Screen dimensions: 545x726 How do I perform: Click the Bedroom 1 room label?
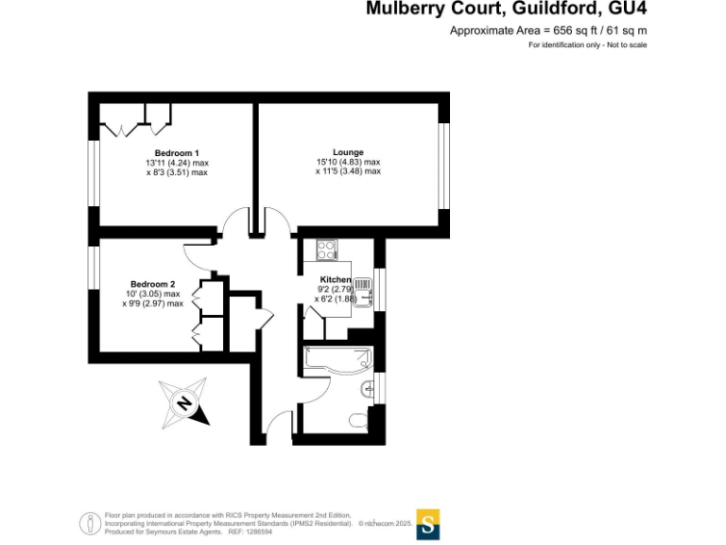point(177,153)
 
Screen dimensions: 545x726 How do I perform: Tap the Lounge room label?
point(348,152)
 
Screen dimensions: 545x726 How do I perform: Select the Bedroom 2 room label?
point(152,284)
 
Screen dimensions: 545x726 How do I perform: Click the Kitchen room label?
point(336,280)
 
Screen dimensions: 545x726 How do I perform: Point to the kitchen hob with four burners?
point(327,250)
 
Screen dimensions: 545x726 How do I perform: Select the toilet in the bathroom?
point(358,420)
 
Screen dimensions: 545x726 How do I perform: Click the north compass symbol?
point(184,401)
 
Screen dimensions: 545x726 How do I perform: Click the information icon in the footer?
point(91,522)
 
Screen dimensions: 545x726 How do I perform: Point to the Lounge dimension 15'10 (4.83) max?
point(348,162)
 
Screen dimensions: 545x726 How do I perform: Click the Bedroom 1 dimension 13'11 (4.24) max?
point(177,163)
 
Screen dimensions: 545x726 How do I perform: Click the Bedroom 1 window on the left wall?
point(94,171)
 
